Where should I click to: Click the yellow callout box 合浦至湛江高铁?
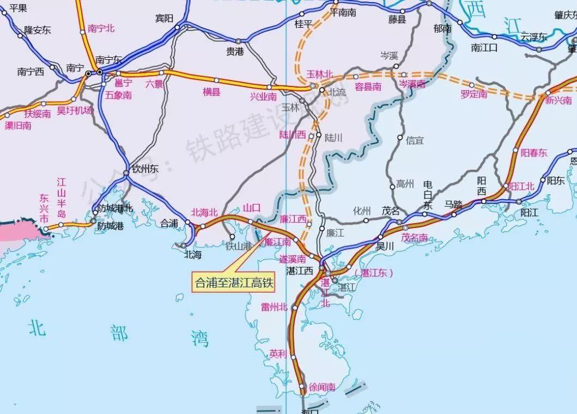pyautogui.click(x=234, y=283)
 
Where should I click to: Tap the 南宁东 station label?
pyautogui.click(x=109, y=60)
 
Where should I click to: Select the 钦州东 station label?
pyautogui.click(x=143, y=169)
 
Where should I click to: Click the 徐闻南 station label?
pyautogui.click(x=322, y=387)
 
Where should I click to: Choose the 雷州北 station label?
pyautogui.click(x=274, y=307)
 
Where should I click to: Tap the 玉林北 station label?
pyautogui.click(x=319, y=73)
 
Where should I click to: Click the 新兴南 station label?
pyautogui.click(x=558, y=101)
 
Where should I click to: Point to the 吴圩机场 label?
pyautogui.click(x=75, y=110)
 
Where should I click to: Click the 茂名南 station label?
pyautogui.click(x=415, y=237)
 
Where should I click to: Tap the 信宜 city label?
pyautogui.click(x=415, y=140)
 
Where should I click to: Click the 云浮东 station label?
pyautogui.click(x=533, y=37)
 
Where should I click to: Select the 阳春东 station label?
pyautogui.click(x=533, y=153)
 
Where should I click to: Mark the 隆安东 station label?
pyautogui.click(x=38, y=30)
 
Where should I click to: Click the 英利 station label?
pyautogui.click(x=277, y=354)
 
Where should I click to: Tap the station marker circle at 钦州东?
pyautogui.click(x=126, y=173)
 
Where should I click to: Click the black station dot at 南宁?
pyautogui.click(x=88, y=72)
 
